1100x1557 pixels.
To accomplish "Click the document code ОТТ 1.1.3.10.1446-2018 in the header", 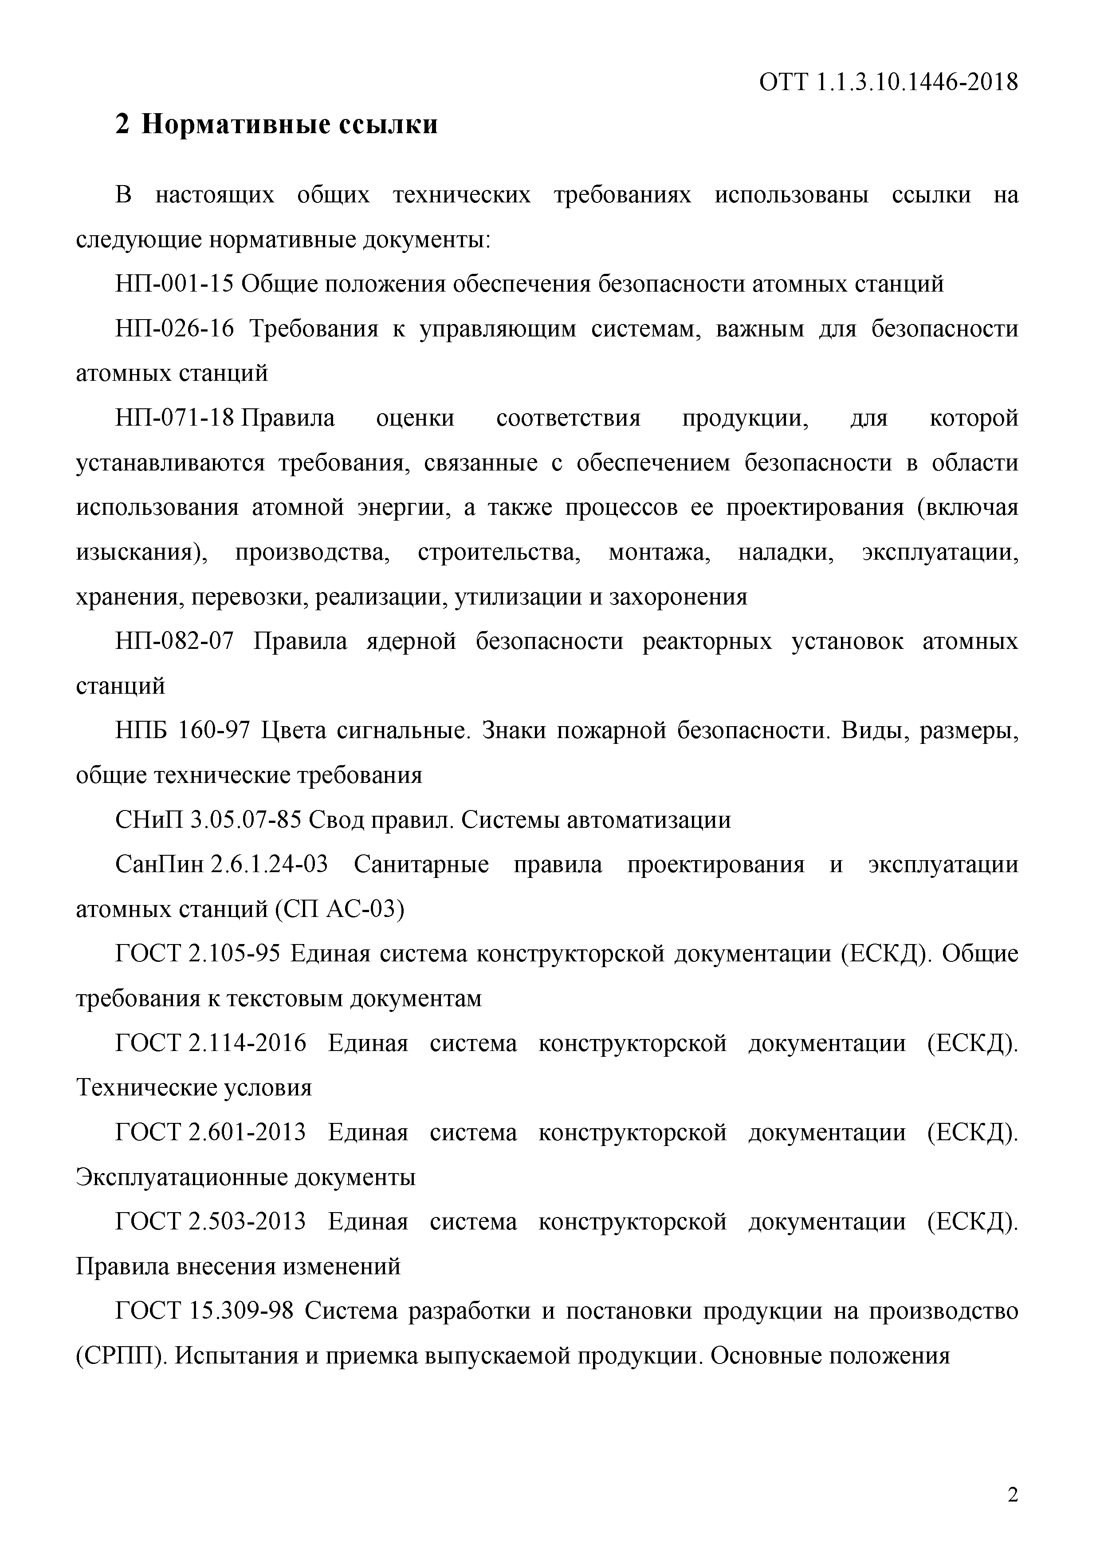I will point(888,83).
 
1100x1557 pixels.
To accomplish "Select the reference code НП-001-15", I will point(174,284).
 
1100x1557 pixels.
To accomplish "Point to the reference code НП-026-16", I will point(174,329).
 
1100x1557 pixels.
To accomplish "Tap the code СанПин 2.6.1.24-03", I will point(222,865).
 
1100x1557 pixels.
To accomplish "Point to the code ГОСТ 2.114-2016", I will point(211,1043).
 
